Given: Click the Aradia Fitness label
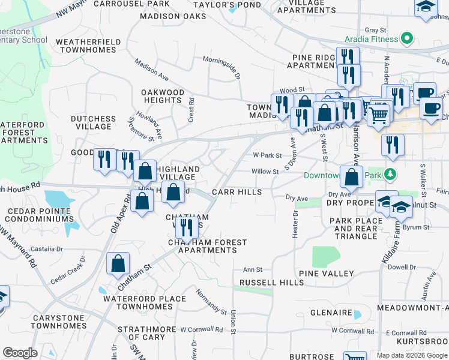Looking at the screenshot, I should pos(371,39).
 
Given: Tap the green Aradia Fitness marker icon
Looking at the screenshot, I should pos(407,39).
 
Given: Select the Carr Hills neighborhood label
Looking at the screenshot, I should pos(237,192).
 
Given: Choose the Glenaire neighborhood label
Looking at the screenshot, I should pos(331,313).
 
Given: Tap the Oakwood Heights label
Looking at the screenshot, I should pos(162,96).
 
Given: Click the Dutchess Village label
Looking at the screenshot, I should pos(93,122).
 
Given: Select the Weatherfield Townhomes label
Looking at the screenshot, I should pos(88,46).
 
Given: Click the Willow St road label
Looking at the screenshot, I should pos(265,172).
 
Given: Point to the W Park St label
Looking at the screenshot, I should pos(267,155).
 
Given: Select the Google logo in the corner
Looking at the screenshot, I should pos(20,353).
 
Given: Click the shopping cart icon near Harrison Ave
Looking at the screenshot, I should pos(379,113).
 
